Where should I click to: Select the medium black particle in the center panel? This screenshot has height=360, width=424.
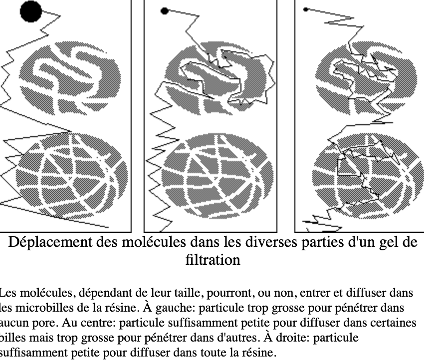tap(165, 11)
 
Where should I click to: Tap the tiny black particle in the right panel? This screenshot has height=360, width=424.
tap(306, 9)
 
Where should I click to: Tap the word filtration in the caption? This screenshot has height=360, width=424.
tap(212, 260)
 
